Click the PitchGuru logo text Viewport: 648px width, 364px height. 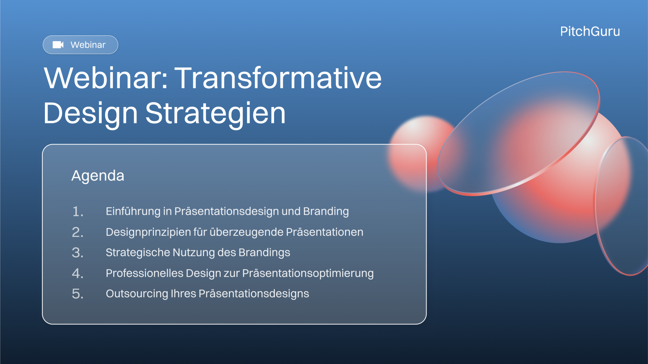click(590, 32)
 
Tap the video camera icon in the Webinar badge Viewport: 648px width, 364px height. click(58, 45)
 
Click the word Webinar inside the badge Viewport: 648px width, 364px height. click(88, 45)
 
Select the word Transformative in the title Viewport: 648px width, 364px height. click(278, 78)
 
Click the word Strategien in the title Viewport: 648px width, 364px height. click(215, 114)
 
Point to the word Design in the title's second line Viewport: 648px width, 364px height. click(90, 114)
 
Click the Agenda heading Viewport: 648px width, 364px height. click(98, 176)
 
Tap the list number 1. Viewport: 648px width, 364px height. click(77, 211)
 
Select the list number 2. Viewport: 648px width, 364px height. click(77, 232)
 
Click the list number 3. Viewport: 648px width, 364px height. click(77, 253)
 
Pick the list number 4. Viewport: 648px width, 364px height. click(77, 273)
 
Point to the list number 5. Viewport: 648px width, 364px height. click(77, 294)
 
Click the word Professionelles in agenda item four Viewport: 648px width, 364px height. click(144, 273)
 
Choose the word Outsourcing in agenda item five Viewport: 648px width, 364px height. click(137, 294)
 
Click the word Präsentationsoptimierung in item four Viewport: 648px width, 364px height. click(308, 273)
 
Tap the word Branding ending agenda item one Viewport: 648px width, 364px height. click(326, 211)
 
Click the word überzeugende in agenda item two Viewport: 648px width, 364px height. click(246, 232)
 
